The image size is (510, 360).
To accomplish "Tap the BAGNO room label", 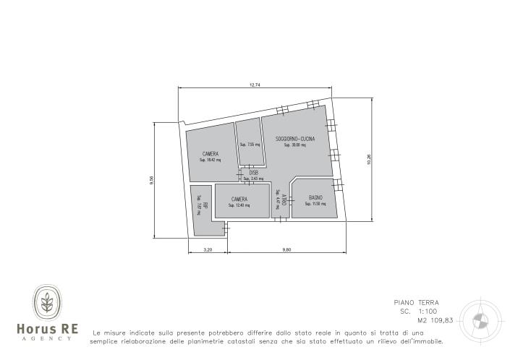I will click(x=315, y=197).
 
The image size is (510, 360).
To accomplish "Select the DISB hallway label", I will click(x=253, y=173).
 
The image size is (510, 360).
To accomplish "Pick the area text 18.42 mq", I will click(x=211, y=160).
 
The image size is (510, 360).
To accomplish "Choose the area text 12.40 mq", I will click(x=239, y=205).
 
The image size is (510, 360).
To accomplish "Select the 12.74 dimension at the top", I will click(x=255, y=85).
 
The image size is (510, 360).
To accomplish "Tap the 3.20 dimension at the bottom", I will click(x=208, y=250).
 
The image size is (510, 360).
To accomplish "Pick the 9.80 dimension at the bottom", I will click(x=287, y=250).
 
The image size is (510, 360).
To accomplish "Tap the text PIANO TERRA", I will click(x=416, y=302).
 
